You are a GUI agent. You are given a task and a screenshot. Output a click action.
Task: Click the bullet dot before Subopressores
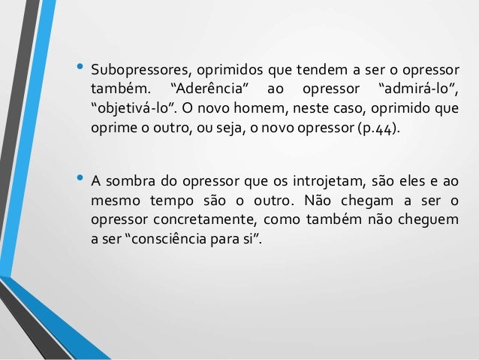pos(79,68)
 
